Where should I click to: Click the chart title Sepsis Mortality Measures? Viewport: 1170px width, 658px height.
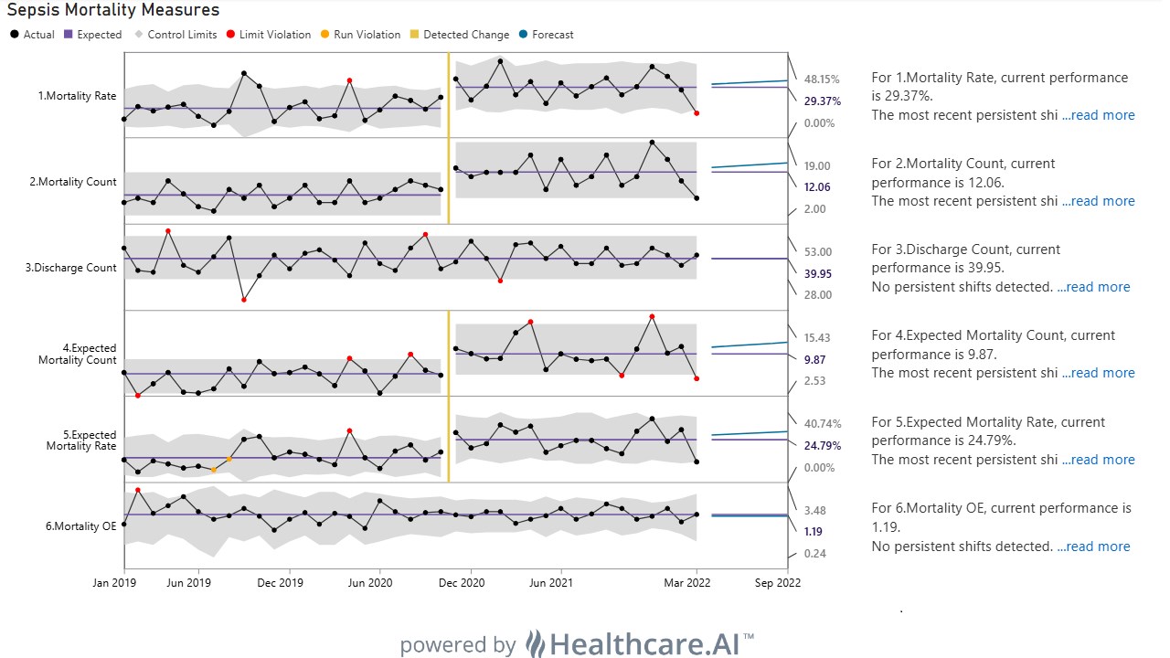[113, 9]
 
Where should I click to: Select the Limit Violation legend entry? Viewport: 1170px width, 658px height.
[269, 35]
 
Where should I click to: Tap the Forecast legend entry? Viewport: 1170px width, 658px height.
[547, 35]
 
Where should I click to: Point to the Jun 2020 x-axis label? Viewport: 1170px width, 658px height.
[370, 583]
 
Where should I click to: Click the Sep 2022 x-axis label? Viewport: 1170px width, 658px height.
[777, 583]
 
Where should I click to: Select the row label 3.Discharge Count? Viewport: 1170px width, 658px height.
[71, 268]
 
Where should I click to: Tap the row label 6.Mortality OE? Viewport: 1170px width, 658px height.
[81, 525]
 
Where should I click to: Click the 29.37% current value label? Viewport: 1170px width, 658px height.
[822, 101]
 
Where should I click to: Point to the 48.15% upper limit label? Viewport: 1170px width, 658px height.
[822, 80]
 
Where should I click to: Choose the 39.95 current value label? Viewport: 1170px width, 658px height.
[817, 273]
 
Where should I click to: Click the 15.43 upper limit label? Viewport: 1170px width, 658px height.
[817, 338]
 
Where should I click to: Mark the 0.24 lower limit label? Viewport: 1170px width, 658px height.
[814, 554]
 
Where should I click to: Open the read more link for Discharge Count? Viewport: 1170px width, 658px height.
[1093, 287]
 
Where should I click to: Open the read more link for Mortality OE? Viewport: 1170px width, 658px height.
[1093, 547]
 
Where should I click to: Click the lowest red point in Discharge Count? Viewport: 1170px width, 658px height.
[244, 300]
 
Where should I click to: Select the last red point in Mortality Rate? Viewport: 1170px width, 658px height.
[697, 113]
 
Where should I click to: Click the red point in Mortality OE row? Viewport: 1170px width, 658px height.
[138, 490]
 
